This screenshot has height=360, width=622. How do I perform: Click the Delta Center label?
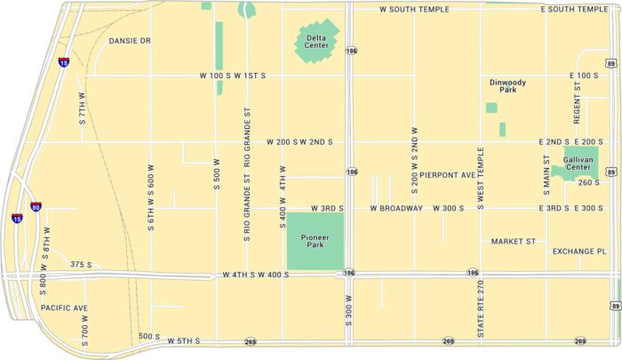coord(317,41)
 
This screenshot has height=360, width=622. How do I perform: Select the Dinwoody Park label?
coord(507,86)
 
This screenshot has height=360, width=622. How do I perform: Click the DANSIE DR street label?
coord(130,41)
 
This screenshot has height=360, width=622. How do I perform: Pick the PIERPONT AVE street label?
coord(449,175)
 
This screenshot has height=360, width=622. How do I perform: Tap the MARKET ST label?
coord(514,241)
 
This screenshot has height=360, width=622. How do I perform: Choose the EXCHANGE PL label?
coord(578,252)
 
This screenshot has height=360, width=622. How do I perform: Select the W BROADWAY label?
coord(396,209)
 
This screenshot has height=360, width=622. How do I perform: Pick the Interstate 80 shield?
coord(36,207)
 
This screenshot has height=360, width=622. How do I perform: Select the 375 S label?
coord(81,265)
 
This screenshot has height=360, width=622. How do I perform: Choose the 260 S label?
coord(589,183)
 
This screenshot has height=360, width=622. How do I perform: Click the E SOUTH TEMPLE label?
coord(574,9)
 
